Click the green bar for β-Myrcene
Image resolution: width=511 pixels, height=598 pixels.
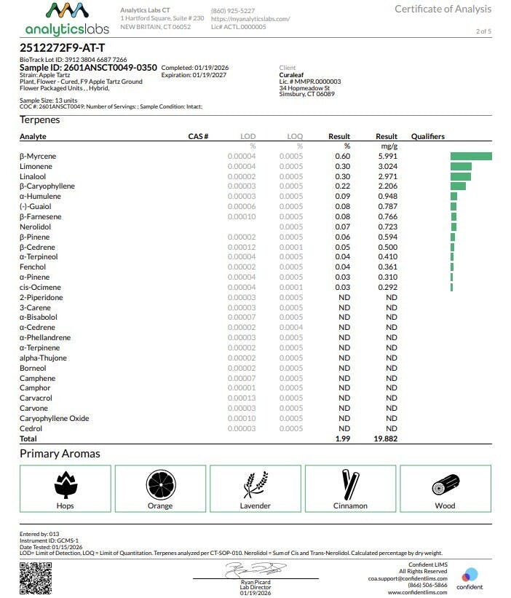click(x=471, y=156)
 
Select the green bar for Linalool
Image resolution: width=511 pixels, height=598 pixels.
click(x=461, y=176)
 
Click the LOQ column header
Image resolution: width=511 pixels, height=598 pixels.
click(x=294, y=136)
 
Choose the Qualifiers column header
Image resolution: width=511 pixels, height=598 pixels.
click(x=427, y=136)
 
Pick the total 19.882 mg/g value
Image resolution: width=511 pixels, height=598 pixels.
click(x=386, y=439)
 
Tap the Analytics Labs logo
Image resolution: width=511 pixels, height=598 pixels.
click(x=67, y=19)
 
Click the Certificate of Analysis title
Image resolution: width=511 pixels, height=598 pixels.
click(x=443, y=9)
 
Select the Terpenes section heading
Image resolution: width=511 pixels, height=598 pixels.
click(x=40, y=119)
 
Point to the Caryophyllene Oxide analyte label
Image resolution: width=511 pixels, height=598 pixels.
click(x=54, y=419)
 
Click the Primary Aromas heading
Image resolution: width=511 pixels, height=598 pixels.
click(x=60, y=454)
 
